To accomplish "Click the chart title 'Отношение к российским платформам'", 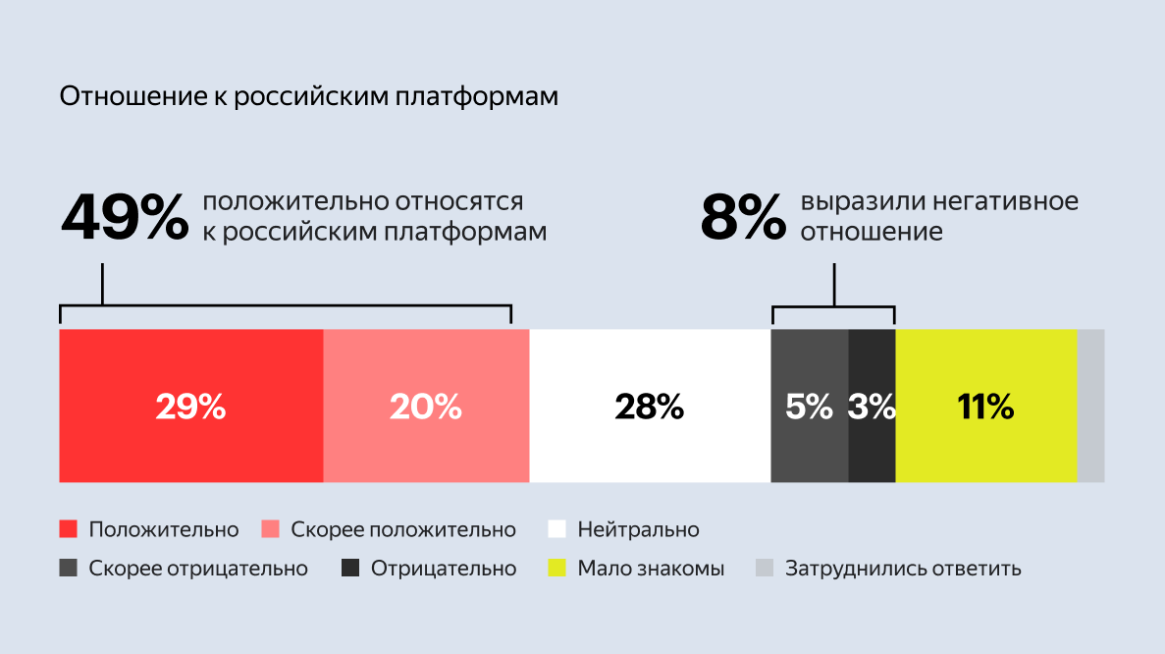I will pos(309,97).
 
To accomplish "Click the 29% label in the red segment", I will pos(190,407).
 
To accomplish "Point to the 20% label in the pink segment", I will pos(426,407).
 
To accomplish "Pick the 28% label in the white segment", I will pos(650,407).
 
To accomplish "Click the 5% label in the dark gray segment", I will pos(809,407).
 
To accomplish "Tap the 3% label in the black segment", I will pos(872,407).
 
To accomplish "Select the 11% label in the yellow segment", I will pos(985,407).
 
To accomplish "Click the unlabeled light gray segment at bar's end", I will pos(1090,407).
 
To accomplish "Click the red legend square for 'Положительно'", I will pos(69,529).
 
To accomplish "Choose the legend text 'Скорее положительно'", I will pos(403,530).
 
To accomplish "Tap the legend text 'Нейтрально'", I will pos(638,530).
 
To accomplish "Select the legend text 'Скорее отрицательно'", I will pos(198,569).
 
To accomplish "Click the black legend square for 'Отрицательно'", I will pos(350,568).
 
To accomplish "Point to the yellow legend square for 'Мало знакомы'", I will pos(556,568).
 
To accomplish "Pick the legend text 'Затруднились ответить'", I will pos(903,569).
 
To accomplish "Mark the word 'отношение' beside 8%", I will pos(872,233).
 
